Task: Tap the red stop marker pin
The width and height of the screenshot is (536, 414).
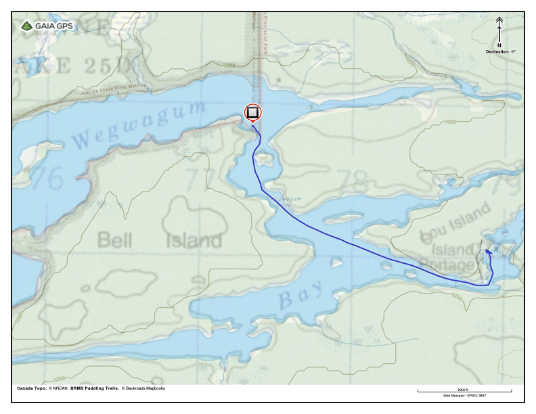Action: point(252,113)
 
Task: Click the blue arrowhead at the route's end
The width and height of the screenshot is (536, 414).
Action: point(489,252)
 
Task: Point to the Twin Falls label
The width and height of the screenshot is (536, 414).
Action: point(496,256)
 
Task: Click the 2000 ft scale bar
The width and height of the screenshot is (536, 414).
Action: point(464,390)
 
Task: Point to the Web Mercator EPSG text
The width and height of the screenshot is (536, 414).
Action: point(464,395)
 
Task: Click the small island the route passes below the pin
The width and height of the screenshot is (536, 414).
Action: point(265,160)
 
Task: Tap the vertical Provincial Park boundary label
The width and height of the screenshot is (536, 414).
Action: point(266,37)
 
